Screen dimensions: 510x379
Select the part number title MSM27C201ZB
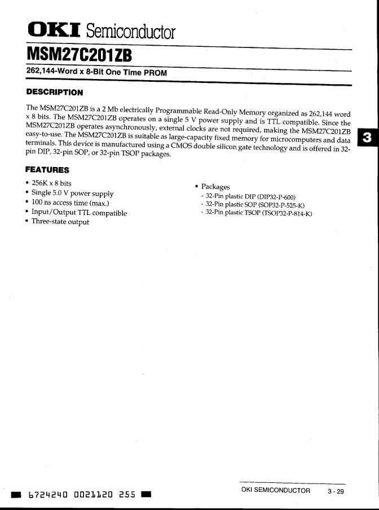tap(79, 57)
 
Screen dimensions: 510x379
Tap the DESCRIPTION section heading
tap(55, 92)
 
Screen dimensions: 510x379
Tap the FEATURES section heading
tap(47, 170)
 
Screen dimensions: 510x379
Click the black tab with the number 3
tap(368, 137)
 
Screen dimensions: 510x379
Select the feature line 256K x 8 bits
tap(51, 183)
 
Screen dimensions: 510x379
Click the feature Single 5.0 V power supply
tap(72, 193)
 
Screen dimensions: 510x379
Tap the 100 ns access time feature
tap(70, 203)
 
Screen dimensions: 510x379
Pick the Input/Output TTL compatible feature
tap(79, 213)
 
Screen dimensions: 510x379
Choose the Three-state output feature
tap(60, 222)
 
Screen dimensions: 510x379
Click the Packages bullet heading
tap(215, 187)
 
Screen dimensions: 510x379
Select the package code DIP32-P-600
tap(276, 196)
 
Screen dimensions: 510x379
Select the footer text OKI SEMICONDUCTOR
tap(275, 490)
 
